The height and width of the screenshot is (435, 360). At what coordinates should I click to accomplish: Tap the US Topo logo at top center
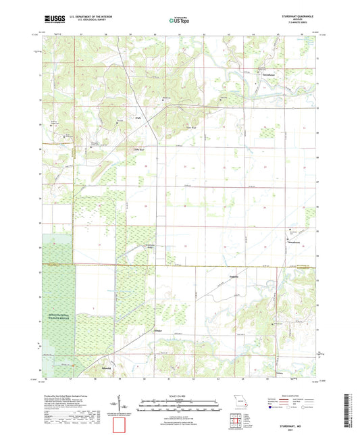(180, 20)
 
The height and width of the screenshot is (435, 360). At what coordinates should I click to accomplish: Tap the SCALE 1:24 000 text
(180, 396)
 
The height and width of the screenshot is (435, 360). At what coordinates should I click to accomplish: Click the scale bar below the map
(180, 405)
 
